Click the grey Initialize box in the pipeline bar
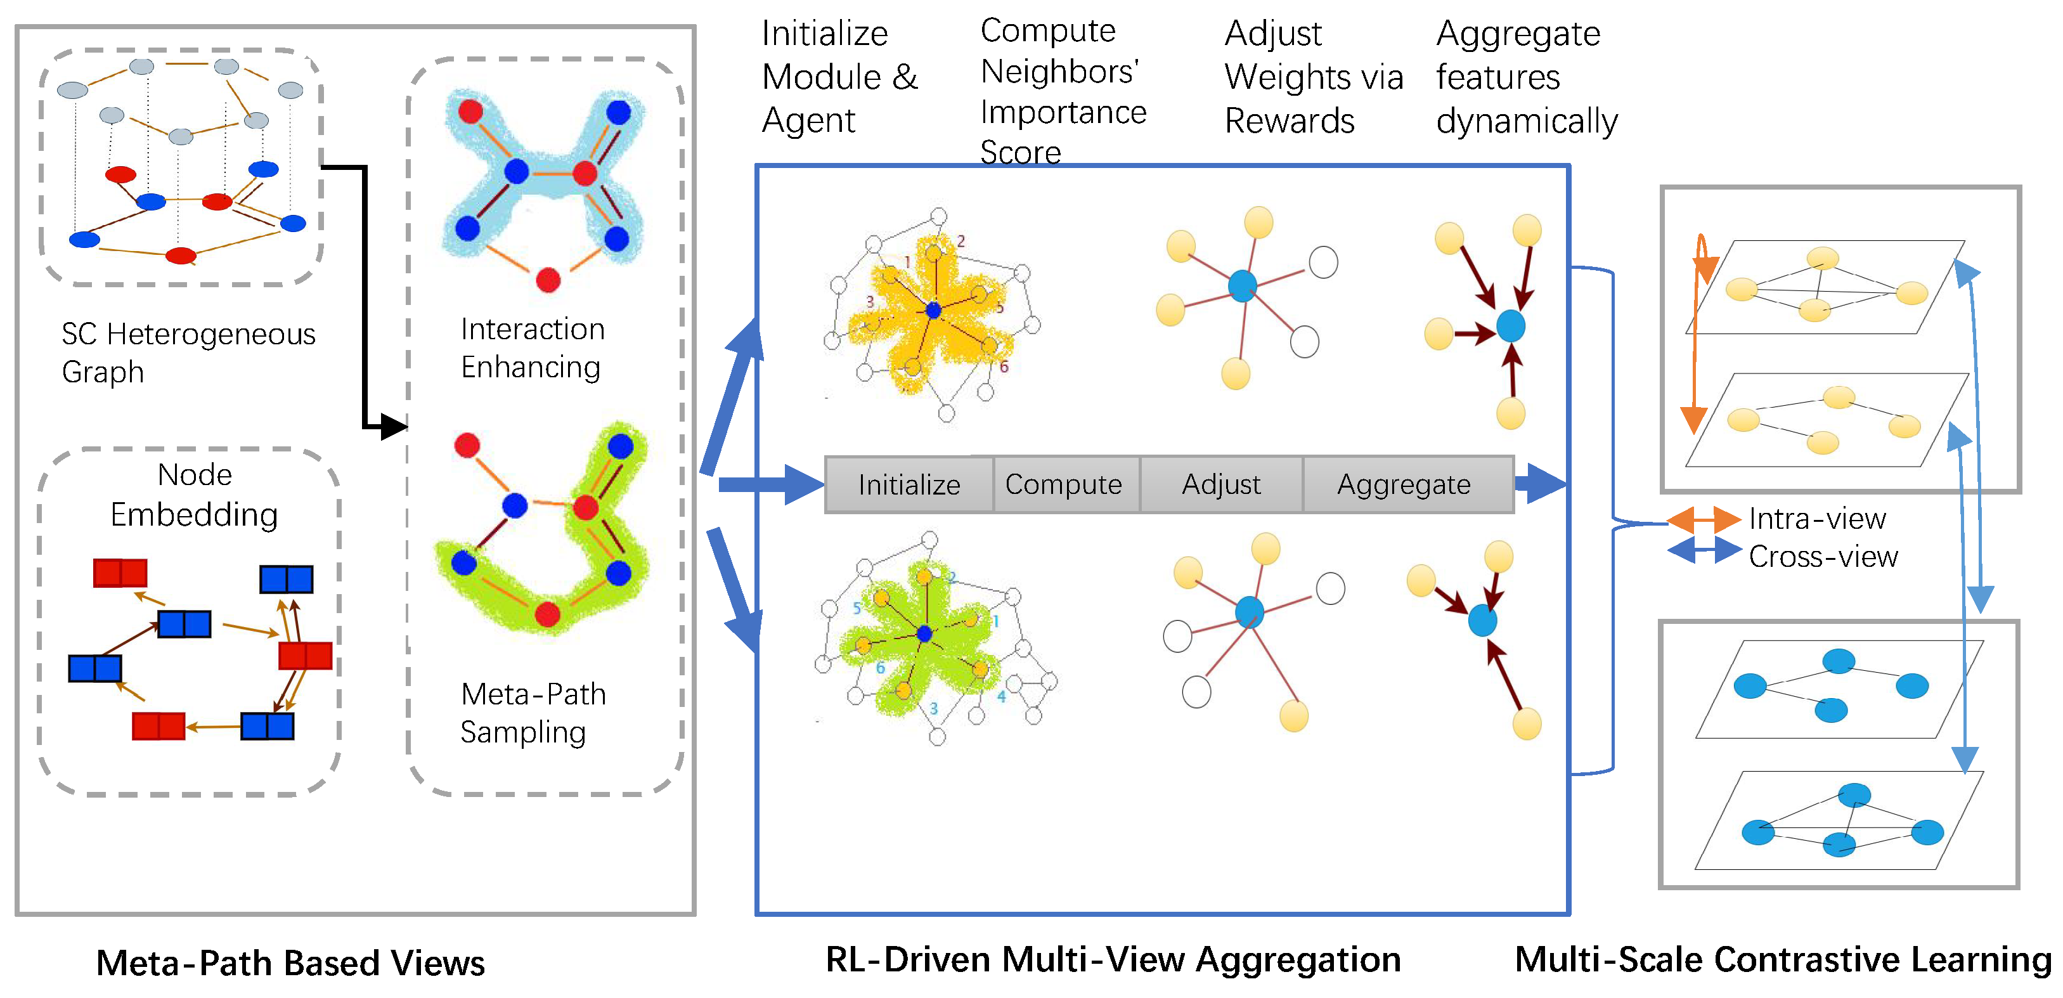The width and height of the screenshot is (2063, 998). [909, 484]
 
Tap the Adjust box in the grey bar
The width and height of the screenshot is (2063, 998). [1221, 484]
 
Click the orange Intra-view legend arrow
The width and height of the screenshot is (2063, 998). [1704, 520]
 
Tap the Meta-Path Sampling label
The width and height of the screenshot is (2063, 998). [532, 713]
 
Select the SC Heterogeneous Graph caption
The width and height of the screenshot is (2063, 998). [188, 353]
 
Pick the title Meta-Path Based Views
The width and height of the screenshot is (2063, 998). [290, 962]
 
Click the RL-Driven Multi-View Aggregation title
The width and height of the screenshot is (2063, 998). [1113, 959]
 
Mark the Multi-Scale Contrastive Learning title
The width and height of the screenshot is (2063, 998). [1783, 959]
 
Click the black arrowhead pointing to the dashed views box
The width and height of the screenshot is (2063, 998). [393, 426]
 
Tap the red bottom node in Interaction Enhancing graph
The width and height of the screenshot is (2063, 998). [548, 280]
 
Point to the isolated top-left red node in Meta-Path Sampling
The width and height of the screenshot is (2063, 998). [467, 444]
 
